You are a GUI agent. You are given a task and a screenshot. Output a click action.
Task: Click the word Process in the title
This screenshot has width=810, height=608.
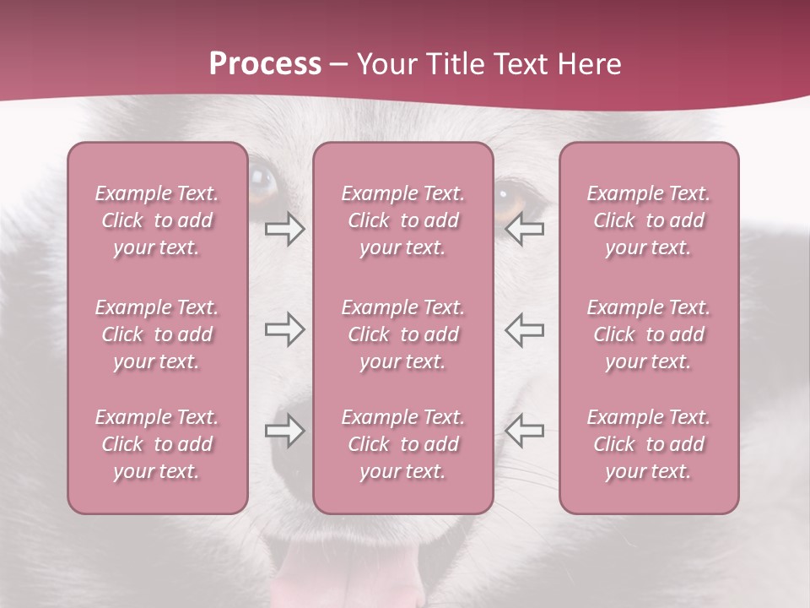pos(265,64)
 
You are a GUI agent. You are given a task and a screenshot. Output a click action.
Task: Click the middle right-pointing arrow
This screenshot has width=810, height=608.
pos(285,330)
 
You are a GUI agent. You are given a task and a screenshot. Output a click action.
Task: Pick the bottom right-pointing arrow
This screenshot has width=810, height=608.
pos(285,431)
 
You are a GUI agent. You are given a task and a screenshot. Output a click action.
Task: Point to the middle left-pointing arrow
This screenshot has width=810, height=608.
pos(524,330)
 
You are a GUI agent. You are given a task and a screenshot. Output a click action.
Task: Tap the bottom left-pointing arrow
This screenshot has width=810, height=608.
pos(524,431)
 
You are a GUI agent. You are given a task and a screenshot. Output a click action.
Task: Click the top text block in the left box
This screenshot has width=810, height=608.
pos(157,220)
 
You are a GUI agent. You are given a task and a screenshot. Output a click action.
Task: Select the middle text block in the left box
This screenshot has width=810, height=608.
pos(157,334)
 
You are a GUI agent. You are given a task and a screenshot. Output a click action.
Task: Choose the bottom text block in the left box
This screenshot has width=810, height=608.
pos(157,444)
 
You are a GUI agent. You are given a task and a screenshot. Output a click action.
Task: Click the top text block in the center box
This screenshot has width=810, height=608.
pos(403,220)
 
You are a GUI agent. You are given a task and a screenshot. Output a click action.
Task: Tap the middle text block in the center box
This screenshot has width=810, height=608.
pos(403,334)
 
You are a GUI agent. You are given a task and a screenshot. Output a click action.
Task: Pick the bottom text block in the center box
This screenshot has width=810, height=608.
pos(403,444)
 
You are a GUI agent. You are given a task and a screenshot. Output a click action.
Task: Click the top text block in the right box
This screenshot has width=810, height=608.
pos(649,220)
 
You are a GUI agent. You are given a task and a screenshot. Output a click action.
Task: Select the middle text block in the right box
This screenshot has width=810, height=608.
pos(649,334)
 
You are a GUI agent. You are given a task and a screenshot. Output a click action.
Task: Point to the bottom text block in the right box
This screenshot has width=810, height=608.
pos(649,444)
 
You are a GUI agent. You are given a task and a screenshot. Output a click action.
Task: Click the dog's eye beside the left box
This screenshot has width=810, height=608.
pos(262,181)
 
